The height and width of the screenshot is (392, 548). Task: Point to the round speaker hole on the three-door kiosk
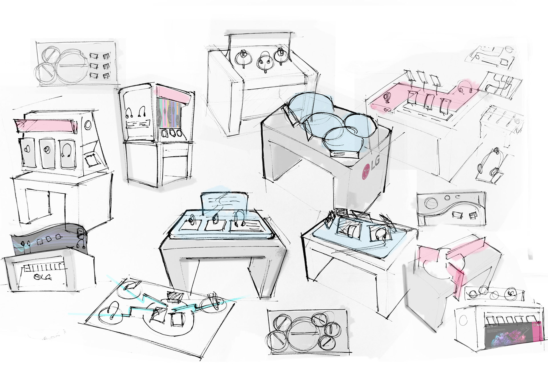pos(88,125)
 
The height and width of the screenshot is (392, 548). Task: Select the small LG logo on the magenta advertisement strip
pos(538,324)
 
